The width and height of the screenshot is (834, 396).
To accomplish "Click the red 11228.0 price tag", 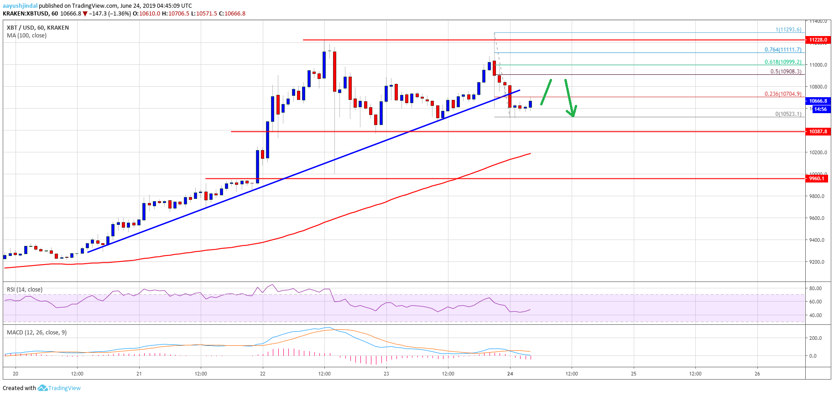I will [818, 40].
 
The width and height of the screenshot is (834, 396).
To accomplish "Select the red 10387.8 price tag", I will [818, 131].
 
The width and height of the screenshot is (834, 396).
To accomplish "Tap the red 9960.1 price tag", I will [817, 178].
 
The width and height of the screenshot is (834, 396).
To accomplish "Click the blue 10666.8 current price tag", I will [818, 101].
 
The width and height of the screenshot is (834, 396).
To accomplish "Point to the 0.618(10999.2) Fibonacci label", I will [782, 62].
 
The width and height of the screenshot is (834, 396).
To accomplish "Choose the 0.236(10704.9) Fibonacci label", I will [782, 94].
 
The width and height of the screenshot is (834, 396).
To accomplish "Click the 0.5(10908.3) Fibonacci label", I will [786, 72].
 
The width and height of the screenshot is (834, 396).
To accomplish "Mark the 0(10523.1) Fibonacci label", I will [788, 114].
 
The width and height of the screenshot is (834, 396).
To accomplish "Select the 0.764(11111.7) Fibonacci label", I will [782, 50].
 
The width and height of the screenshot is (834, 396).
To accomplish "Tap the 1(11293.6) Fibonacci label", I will [788, 30].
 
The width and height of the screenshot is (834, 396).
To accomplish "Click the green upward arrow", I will [546, 92].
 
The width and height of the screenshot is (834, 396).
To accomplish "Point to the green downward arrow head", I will [572, 112].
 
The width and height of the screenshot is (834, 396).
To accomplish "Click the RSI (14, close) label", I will [25, 290].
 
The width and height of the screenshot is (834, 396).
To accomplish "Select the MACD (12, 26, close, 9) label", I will [36, 333].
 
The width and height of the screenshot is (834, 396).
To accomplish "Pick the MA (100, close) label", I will [26, 36].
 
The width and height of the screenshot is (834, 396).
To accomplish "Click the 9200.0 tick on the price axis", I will [817, 262].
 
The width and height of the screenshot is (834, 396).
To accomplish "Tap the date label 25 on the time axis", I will [633, 374].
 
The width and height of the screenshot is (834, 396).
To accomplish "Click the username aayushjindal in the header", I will [20, 6].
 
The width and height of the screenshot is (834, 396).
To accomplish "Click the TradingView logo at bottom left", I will [59, 388].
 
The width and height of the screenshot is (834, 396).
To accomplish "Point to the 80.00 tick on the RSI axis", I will [815, 288].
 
